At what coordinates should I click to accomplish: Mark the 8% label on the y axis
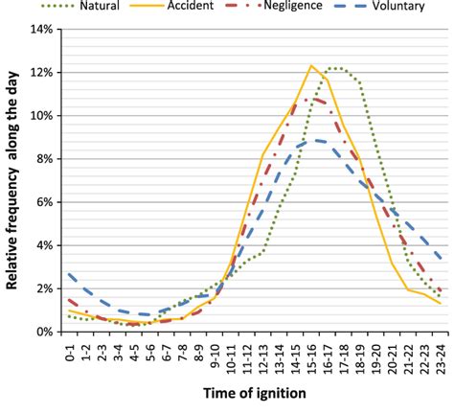(42, 159)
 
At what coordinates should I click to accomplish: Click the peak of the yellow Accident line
(310, 65)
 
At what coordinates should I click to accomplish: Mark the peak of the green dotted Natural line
(331, 68)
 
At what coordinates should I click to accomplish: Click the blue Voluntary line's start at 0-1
(70, 273)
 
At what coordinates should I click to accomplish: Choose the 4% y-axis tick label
(42, 245)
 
